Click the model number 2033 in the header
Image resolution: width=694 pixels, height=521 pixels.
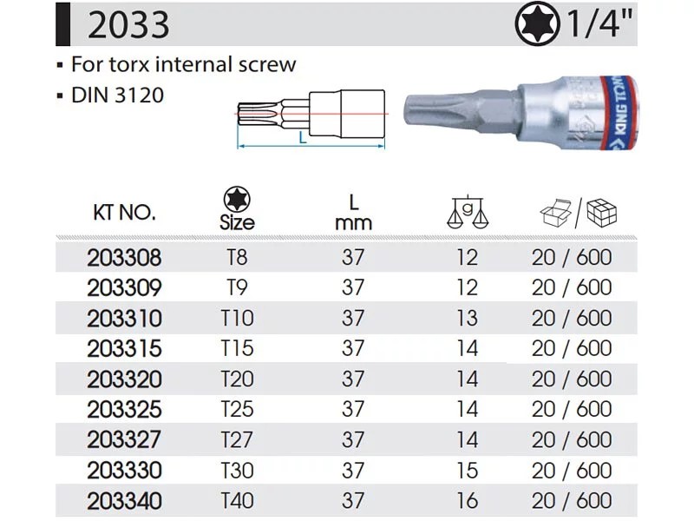(x=128, y=25)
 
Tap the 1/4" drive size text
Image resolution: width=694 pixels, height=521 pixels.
(x=599, y=24)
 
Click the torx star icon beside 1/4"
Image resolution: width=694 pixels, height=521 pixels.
(x=537, y=25)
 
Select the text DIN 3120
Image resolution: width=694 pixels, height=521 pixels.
(x=117, y=96)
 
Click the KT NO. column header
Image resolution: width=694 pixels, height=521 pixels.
(x=124, y=213)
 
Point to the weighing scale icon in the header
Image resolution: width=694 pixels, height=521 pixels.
(x=468, y=211)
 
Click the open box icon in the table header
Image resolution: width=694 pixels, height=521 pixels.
(x=556, y=213)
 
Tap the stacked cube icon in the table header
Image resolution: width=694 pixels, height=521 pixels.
(x=601, y=213)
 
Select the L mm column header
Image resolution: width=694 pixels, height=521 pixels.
(x=353, y=213)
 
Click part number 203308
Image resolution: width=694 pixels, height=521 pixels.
(x=124, y=258)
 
